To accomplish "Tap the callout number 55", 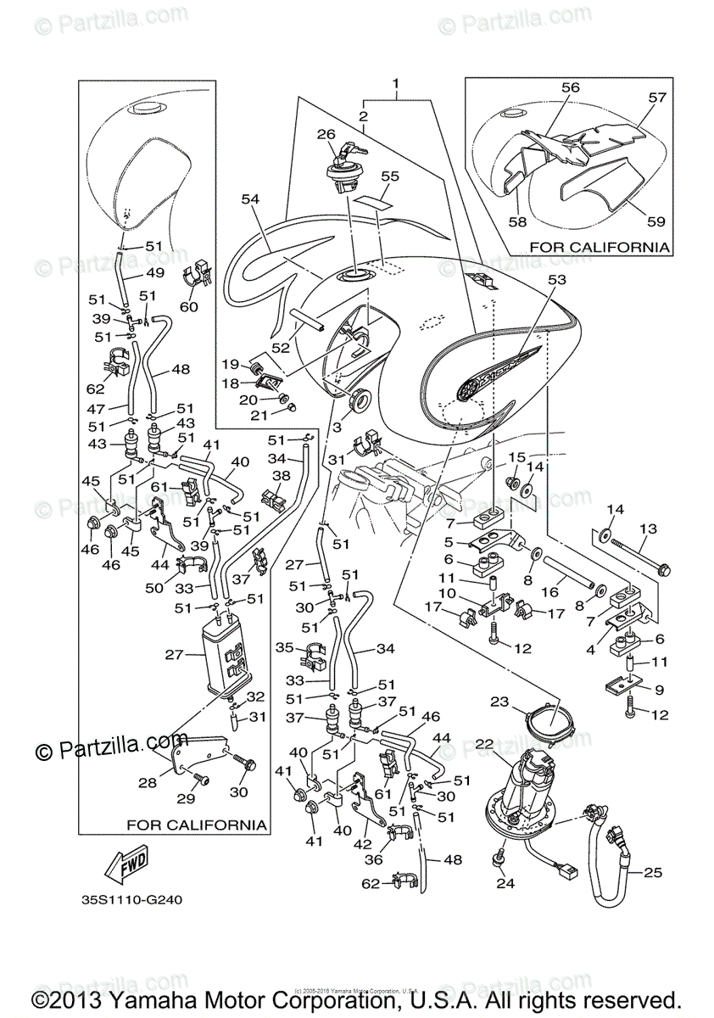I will tap(389, 176).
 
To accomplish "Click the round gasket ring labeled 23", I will tap(549, 724).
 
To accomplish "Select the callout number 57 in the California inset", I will tap(658, 98).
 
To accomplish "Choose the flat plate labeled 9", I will tap(626, 684).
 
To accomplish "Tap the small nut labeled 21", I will tap(292, 408).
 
